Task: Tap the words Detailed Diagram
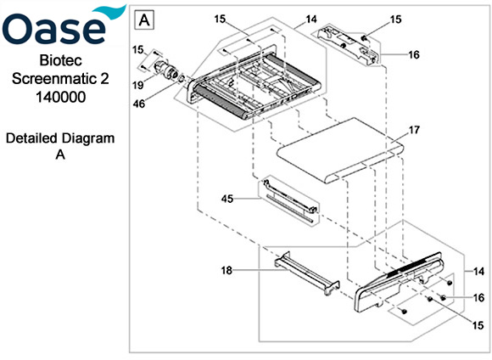point(59,138)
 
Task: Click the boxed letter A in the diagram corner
point(146,18)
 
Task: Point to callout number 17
point(414,131)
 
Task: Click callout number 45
point(226,200)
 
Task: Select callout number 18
point(226,271)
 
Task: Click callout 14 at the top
point(311,18)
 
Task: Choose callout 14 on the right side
point(480,271)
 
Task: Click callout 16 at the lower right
point(480,298)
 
